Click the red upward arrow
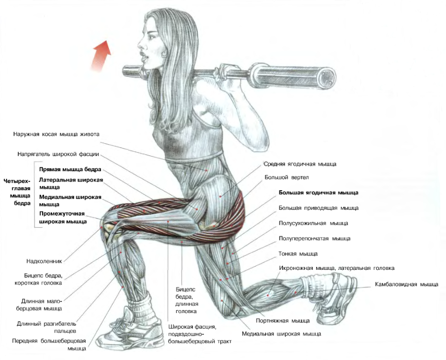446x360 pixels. (101, 55)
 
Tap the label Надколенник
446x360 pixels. (44, 261)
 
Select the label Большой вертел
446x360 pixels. (286, 177)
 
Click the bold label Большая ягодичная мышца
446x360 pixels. (319, 193)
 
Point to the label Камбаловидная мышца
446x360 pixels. (407, 284)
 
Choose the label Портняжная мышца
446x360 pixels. (282, 321)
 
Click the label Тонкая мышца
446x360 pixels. (298, 254)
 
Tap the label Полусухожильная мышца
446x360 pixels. (313, 223)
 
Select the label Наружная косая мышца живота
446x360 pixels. (56, 134)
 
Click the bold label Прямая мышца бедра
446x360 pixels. (70, 170)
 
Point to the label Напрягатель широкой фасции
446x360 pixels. (58, 154)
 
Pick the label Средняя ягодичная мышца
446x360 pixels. (300, 164)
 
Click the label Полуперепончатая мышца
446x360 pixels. (314, 239)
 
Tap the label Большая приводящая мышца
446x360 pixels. (319, 208)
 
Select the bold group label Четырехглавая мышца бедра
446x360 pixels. (18, 192)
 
